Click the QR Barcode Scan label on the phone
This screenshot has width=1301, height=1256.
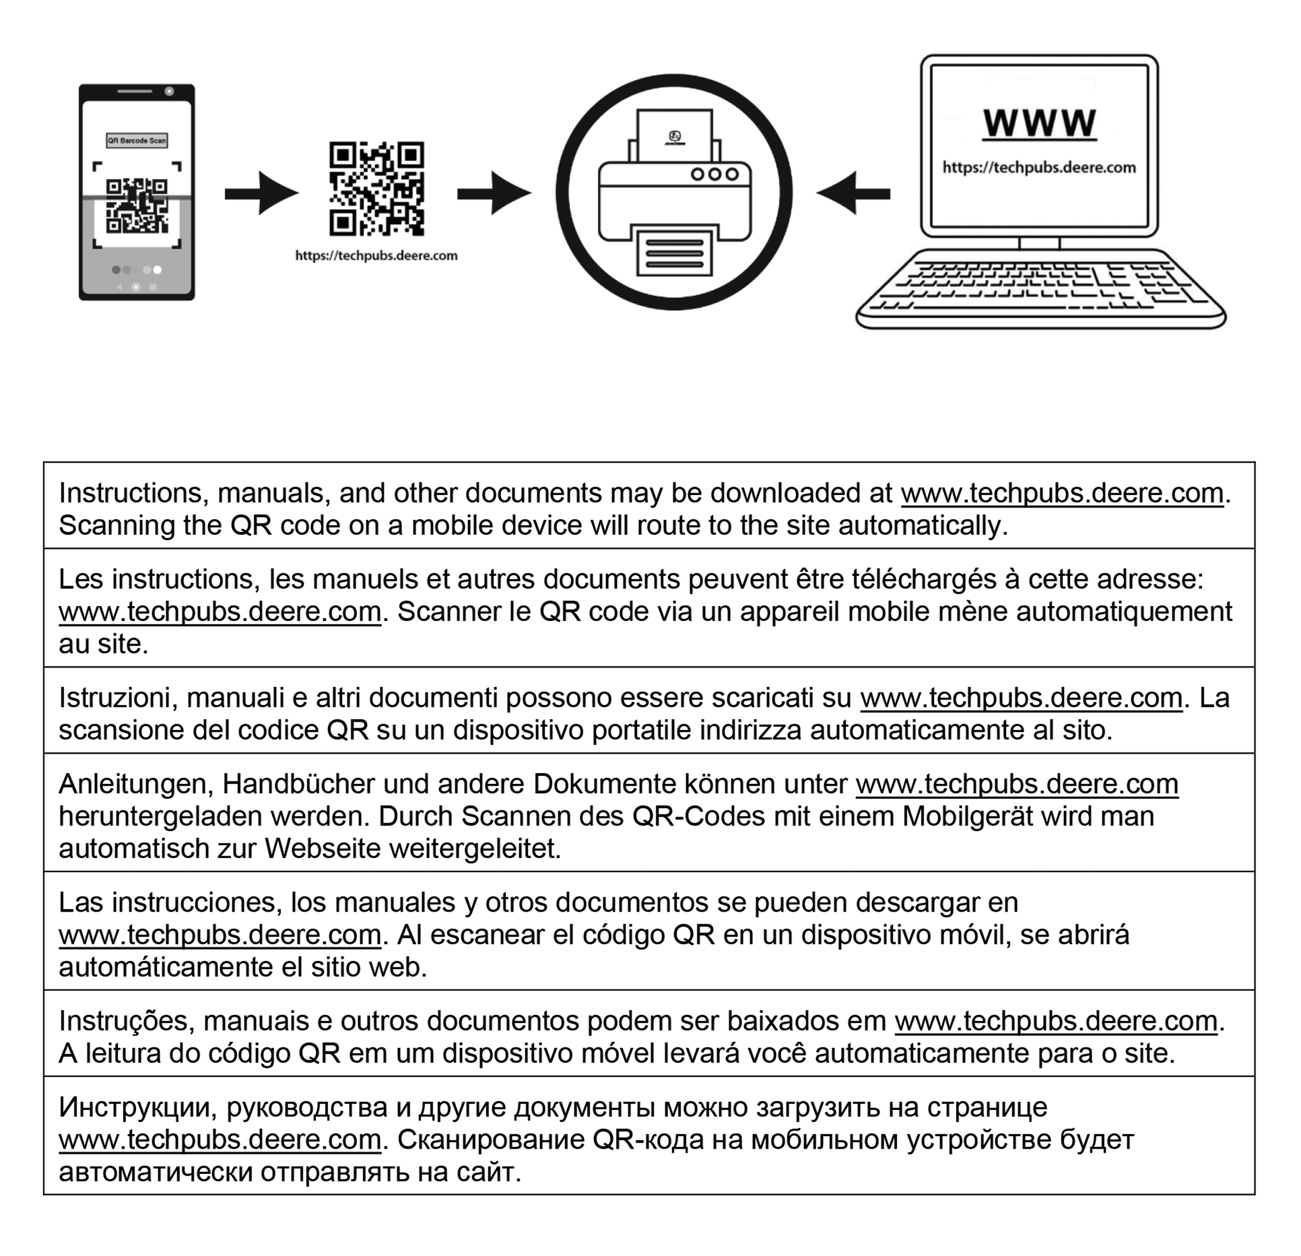tap(137, 140)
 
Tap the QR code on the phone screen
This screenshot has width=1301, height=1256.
tap(137, 206)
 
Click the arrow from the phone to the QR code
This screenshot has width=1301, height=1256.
tap(261, 193)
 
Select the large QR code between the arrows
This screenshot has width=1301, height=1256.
tap(376, 189)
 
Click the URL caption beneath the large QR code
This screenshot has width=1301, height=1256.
tap(376, 256)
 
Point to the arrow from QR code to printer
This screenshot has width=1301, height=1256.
tap(493, 193)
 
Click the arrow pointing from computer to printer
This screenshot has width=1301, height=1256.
tap(854, 193)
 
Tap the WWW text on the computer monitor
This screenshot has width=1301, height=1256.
tap(1039, 124)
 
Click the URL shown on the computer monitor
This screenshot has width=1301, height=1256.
tap(1039, 167)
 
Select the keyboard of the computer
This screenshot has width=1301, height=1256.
tap(1040, 289)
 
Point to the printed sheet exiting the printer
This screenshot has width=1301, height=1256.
tap(674, 253)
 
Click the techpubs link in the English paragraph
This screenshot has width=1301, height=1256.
tap(1062, 493)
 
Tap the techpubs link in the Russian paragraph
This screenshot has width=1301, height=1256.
tap(219, 1140)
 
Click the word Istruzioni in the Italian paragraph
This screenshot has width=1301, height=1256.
tap(118, 698)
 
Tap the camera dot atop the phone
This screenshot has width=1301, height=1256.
tap(169, 91)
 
